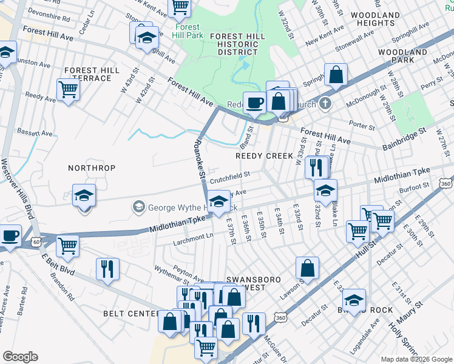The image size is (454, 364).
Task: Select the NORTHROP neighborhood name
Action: [91, 167]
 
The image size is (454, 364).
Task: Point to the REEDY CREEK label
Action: [264, 156]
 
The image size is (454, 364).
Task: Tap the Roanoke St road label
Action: [197, 159]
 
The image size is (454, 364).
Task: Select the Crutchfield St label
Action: [230, 176]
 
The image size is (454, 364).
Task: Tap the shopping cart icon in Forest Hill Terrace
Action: [69, 90]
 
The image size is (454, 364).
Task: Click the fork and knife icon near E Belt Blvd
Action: [107, 269]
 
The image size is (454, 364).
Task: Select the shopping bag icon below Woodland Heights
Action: [336, 75]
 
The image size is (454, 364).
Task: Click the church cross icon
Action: [325, 103]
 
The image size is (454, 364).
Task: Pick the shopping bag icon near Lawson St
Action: [308, 268]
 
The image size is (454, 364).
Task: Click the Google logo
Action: [20, 357]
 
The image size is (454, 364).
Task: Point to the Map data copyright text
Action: [416, 359]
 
